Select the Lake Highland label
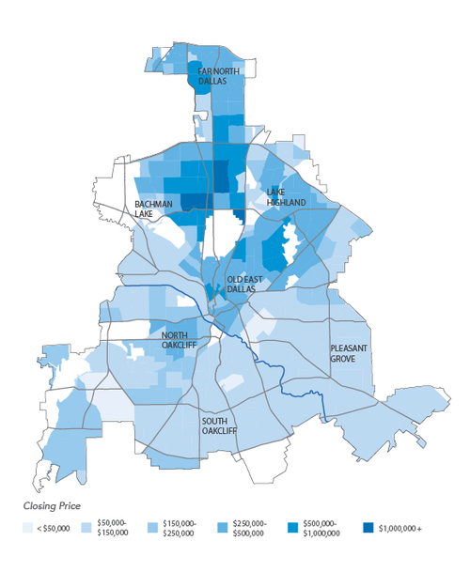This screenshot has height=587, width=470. tap(286, 197)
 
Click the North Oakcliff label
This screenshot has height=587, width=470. tap(180, 341)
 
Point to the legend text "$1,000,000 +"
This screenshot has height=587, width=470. tap(400, 530)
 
